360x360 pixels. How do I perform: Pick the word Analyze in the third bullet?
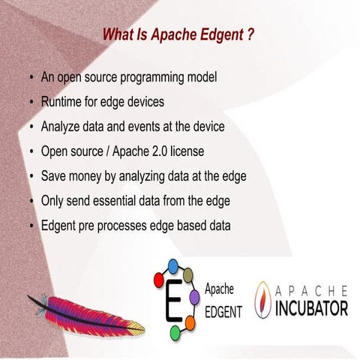pos(62,127)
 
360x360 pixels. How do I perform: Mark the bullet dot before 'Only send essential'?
pos(31,201)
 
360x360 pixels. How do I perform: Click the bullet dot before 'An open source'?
pos(31,78)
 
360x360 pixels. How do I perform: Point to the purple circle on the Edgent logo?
pos(195,298)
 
